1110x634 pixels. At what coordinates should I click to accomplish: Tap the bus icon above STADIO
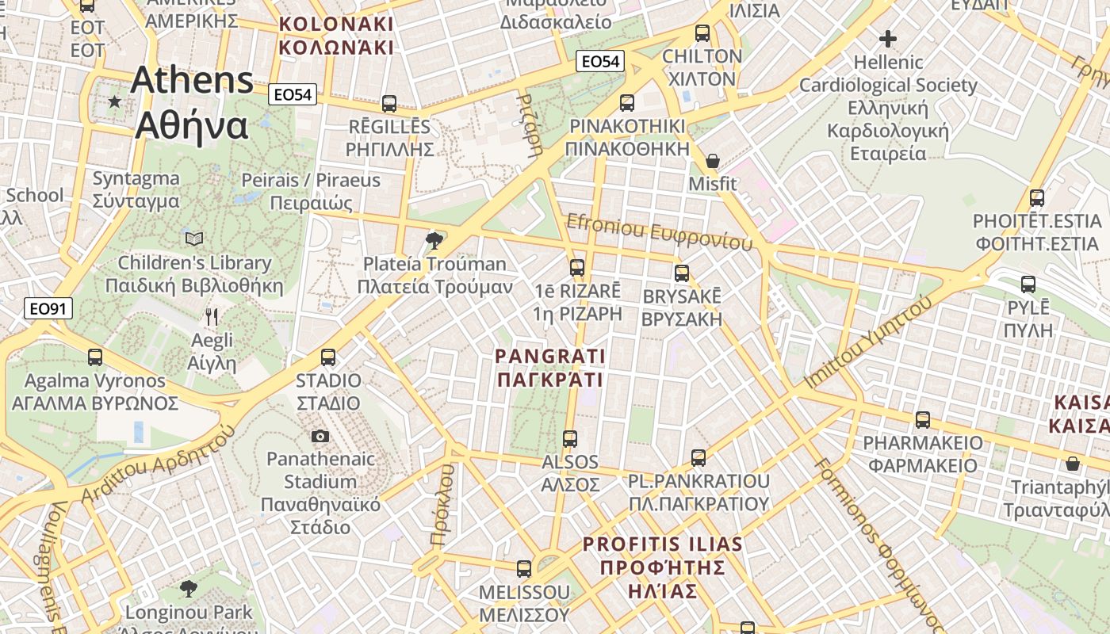pos(328,357)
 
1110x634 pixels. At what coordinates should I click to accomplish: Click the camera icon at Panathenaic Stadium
pos(320,436)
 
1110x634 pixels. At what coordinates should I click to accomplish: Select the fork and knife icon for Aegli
pos(212,317)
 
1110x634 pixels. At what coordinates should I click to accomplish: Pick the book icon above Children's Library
pos(194,239)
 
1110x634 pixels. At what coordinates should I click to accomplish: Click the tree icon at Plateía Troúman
pos(434,240)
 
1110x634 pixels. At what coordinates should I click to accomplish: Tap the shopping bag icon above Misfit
pos(713,161)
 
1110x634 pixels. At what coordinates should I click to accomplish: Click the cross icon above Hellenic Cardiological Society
pos(888,38)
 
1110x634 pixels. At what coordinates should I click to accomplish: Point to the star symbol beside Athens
pos(115,101)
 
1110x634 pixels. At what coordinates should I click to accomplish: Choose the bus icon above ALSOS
pos(570,438)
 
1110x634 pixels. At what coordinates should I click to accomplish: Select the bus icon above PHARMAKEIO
pos(923,419)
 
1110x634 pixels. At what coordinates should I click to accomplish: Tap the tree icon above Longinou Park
pos(188,589)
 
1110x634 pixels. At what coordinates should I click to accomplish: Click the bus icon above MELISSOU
pos(524,568)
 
